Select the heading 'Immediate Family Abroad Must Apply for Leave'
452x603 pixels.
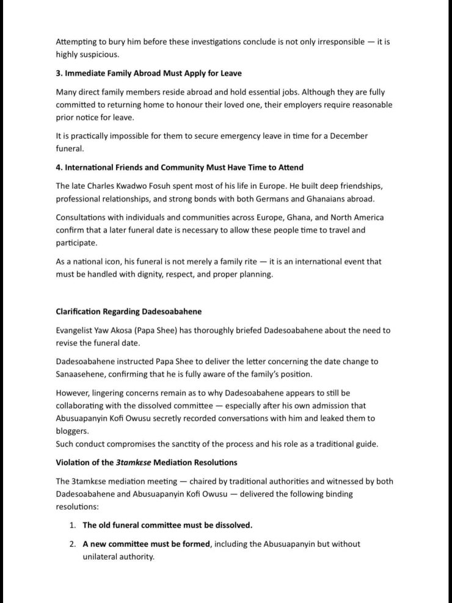coord(148,74)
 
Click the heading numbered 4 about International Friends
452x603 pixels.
coord(180,167)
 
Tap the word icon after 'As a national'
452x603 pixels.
coord(121,261)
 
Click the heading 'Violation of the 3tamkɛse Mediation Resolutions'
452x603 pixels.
coord(147,462)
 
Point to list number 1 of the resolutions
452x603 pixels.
coord(73,525)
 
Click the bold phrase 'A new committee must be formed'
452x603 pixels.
coord(147,544)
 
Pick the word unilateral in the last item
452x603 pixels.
coord(102,557)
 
